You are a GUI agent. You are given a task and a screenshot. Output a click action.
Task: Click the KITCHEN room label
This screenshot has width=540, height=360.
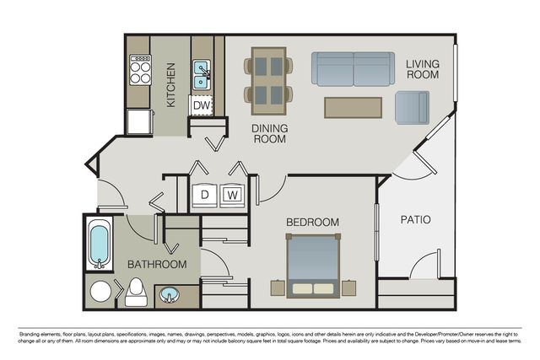coord(170,84)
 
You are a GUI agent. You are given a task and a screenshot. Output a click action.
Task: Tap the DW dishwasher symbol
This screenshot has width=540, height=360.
coord(201,105)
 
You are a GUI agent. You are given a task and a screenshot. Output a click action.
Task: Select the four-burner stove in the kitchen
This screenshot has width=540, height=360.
coord(140,70)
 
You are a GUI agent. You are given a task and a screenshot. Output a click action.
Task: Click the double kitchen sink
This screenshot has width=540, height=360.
coord(202,75)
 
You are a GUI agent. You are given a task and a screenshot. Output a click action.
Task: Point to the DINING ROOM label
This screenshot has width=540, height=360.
coord(270,133)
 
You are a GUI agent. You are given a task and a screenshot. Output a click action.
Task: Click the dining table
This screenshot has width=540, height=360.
coord(268,81)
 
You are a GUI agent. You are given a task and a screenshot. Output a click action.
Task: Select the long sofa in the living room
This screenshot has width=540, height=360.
coord(353,69)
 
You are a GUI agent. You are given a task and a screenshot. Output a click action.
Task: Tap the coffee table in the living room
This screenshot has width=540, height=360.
coord(353,108)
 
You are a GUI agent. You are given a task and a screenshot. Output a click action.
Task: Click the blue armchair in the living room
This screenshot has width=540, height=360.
coord(413,108)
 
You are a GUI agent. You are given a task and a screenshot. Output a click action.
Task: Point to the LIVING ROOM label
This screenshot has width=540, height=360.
coord(423,69)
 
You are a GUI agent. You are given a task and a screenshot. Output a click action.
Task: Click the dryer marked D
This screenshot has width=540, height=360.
coord(204,196)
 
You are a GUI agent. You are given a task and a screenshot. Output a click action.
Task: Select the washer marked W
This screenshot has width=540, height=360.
coord(233,196)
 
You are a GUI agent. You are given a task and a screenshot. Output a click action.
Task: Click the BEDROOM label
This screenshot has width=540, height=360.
coord(312,223)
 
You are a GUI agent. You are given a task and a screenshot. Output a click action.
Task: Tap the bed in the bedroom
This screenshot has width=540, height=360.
coord(313,266)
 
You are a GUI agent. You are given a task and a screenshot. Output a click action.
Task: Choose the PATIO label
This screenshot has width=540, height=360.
coord(416,219)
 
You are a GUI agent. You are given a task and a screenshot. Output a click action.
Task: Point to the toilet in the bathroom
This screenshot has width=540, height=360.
coord(136,292)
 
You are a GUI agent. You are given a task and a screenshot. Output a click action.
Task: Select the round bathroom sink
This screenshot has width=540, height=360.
coord(169,295)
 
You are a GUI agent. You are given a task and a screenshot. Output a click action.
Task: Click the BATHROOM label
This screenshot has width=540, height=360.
coord(157,265)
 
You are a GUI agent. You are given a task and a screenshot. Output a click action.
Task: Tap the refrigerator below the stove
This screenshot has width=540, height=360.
coord(140,121)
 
